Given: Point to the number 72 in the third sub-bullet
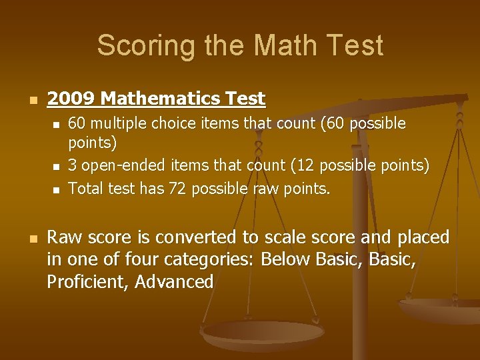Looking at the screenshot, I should click(x=177, y=189).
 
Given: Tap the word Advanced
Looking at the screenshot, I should click(x=174, y=281).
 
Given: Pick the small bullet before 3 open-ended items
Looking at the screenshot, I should click(x=57, y=166).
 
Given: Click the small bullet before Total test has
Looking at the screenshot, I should click(x=57, y=190).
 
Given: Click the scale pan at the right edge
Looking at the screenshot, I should click(x=443, y=311).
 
